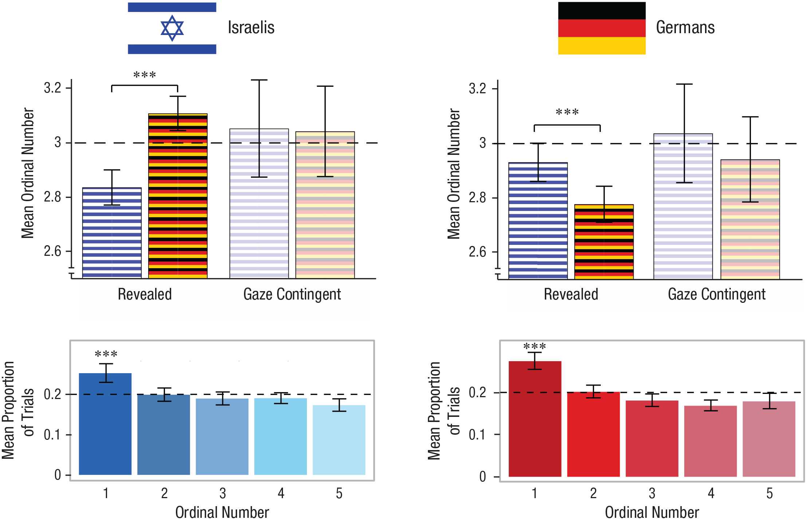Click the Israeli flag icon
(172, 28)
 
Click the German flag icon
(602, 28)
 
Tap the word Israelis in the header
(251, 27)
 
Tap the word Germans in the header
(685, 27)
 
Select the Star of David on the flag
(172, 28)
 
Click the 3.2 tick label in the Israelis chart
(52, 88)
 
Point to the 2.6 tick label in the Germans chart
(477, 252)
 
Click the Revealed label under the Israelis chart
(145, 294)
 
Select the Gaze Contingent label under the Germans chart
(717, 294)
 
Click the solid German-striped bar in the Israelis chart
(178, 196)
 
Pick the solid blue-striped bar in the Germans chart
(538, 221)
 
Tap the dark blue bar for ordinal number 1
(105, 424)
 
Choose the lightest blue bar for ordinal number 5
(339, 440)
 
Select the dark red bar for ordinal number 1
(535, 419)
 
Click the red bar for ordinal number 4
(710, 441)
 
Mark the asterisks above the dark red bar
(535, 346)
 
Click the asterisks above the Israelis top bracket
(145, 75)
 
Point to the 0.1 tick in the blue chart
(52, 435)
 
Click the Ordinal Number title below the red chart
(652, 512)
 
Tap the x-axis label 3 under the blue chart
(223, 493)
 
